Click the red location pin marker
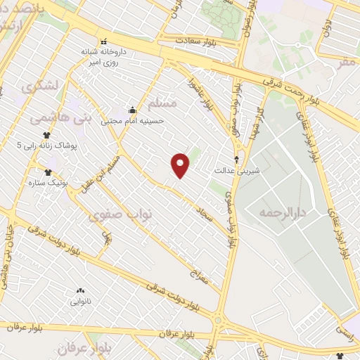click(181, 165)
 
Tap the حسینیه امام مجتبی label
click(132, 120)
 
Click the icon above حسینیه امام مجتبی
click(132, 109)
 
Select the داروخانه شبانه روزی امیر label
click(105, 56)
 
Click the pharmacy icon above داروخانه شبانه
click(105, 41)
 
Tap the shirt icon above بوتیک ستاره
click(48, 172)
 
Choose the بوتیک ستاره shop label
click(49, 183)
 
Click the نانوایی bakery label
click(79, 302)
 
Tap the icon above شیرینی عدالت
click(236, 159)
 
